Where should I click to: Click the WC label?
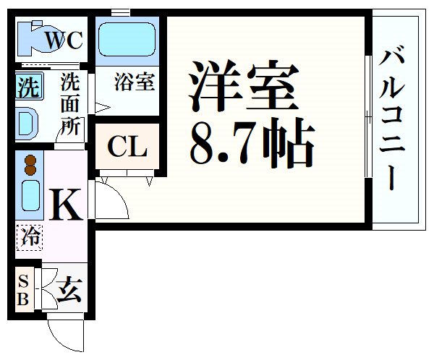pos(64,40)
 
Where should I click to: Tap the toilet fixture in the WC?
pos(38,38)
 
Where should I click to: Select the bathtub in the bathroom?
pos(127,39)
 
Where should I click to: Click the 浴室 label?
pos(135,82)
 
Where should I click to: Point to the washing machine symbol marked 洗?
pos(29,85)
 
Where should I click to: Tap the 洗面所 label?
pos(70,104)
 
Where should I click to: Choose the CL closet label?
pos(127,147)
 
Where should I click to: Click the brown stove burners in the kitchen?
pos(30,166)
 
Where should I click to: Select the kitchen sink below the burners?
pos(30,195)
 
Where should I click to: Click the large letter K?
pos(66,204)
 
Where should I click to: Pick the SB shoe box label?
pos(23,291)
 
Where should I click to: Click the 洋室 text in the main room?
pos(244,85)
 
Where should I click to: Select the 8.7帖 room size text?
pos(252,142)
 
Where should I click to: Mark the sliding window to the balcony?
pos(368,116)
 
